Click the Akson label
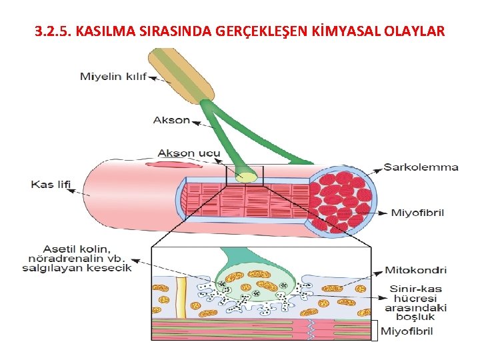[171, 121]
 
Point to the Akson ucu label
[189, 153]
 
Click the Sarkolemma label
[421, 167]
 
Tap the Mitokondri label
[415, 271]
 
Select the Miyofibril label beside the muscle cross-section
[418, 213]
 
